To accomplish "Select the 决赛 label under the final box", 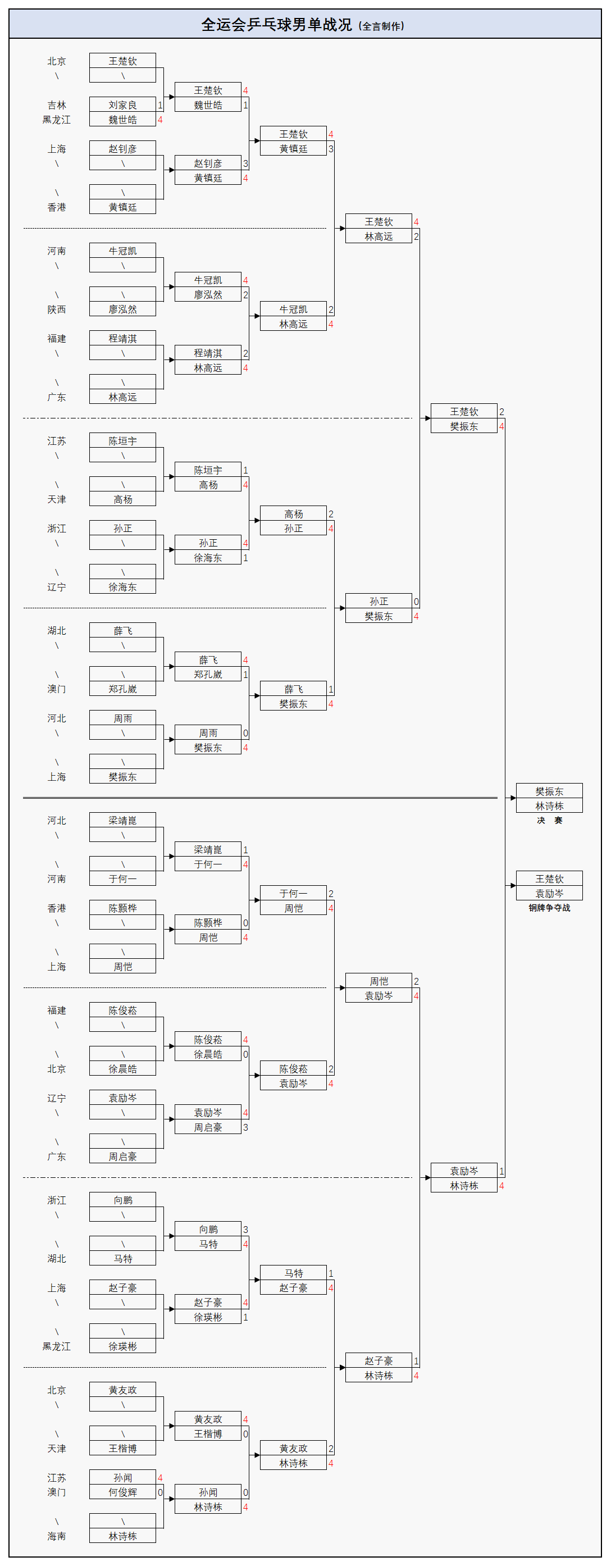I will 549,820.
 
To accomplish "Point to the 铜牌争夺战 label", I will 549,908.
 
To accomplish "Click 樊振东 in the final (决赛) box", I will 549,791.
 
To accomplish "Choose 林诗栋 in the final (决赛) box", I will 549,805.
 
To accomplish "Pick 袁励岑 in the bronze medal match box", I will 549,893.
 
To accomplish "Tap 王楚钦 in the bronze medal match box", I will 549,878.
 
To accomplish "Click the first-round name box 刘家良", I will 122,104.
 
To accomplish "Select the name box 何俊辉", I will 122,1492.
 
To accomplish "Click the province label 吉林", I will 57,104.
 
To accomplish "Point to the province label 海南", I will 57,1536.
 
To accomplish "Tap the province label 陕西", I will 57,309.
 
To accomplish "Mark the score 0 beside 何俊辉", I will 160,1492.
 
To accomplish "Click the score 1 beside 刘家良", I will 160,104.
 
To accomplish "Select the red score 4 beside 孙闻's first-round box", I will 160,1477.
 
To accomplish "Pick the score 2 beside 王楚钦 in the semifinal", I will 501,412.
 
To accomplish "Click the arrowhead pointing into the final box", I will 512,798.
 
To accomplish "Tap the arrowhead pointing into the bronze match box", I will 512,885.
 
